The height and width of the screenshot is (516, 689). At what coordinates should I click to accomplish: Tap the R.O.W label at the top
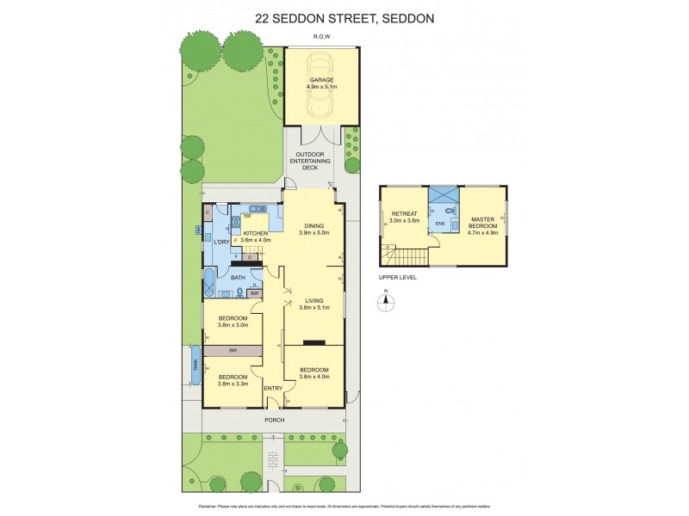pos(322,37)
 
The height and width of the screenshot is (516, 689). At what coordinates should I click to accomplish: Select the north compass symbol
pos(387,302)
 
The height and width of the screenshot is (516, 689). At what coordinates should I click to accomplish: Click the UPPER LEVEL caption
pos(397,279)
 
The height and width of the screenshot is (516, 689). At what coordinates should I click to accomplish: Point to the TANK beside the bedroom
pos(196,364)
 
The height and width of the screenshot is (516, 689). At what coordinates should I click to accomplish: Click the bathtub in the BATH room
pos(209,284)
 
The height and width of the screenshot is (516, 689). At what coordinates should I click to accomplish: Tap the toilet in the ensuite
pos(450,207)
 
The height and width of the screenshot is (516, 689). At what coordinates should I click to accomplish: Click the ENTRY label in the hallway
pos(273,389)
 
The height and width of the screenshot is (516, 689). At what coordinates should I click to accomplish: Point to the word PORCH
pos(274,421)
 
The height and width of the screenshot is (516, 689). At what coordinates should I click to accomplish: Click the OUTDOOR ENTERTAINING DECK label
pos(314,161)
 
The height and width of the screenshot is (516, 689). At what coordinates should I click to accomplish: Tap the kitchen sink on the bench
pos(256,209)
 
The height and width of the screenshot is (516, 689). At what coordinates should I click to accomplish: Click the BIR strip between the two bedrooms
pos(233,351)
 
